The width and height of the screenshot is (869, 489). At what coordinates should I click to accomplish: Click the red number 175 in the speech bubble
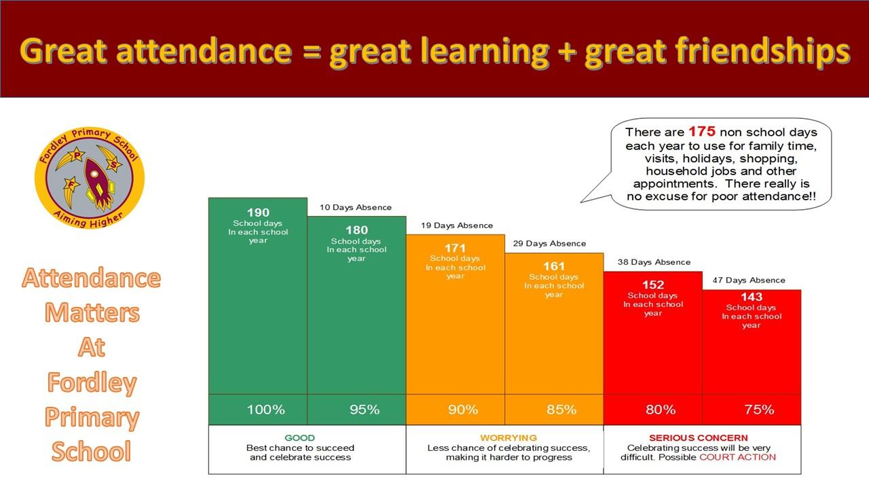point(702,132)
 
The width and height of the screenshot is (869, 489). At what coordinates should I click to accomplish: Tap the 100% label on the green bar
point(265,410)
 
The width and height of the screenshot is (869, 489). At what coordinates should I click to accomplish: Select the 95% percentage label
point(365,410)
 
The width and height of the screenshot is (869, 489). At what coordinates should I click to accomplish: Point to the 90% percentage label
point(463,410)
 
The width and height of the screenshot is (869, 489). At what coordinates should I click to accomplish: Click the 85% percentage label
point(561,410)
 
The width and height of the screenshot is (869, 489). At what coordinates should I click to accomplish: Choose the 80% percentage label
point(661,410)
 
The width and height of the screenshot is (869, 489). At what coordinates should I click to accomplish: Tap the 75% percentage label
point(759,410)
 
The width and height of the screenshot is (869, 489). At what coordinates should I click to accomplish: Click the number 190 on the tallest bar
point(258,213)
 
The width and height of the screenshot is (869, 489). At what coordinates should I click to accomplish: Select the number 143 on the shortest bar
point(752,297)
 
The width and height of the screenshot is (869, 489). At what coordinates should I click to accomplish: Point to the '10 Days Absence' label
point(355,207)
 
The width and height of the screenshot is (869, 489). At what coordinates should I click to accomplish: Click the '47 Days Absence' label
point(749,280)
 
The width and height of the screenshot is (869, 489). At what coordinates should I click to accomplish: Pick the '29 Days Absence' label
point(549,244)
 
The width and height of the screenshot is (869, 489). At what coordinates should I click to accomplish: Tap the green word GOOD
point(299,438)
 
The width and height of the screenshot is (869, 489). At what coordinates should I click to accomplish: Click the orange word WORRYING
point(509,438)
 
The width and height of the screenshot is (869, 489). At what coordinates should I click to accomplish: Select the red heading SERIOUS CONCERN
point(699,438)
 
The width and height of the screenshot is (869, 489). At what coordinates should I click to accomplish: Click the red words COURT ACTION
point(737,457)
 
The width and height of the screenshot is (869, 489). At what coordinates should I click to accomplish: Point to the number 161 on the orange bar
point(553,266)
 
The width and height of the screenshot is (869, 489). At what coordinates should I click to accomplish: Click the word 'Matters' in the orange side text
point(92,312)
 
